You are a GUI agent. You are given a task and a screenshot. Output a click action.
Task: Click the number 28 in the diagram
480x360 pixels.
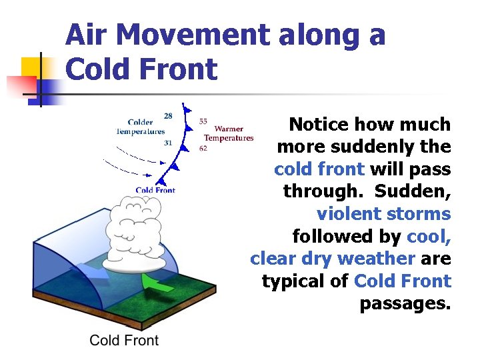[x=168, y=116]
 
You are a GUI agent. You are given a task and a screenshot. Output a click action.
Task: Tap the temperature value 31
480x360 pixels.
[x=168, y=143]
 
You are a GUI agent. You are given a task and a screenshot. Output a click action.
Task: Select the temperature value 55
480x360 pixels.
[x=203, y=121]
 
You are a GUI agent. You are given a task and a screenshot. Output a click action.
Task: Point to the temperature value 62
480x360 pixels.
[x=203, y=148]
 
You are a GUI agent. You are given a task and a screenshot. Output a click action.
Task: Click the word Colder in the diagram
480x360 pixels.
[x=140, y=122]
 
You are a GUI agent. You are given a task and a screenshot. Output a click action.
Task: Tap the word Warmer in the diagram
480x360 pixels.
[x=229, y=129]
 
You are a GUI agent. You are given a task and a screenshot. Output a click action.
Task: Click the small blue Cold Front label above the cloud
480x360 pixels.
[x=155, y=190]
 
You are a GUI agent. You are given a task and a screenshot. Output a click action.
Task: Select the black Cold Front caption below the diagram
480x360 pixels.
[x=124, y=341]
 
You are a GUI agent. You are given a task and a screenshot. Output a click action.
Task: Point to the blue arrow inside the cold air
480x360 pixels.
[x=89, y=269]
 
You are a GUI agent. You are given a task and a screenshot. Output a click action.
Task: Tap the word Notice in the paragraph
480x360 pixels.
[x=319, y=125]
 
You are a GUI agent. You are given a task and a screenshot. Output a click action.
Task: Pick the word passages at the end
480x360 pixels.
[x=405, y=303]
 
